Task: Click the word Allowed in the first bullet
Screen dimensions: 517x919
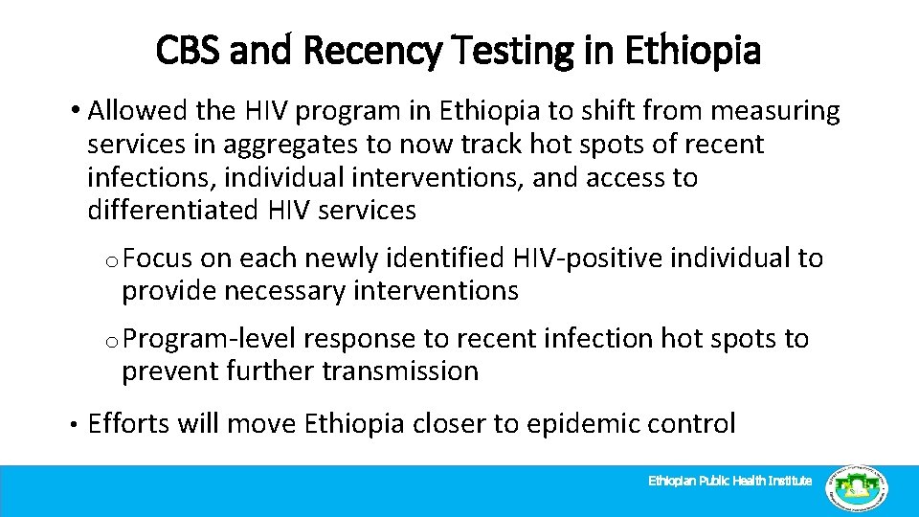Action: point(137,112)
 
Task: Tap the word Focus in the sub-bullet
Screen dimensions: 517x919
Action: point(158,258)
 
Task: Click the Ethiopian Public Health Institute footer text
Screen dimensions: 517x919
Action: point(730,481)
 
